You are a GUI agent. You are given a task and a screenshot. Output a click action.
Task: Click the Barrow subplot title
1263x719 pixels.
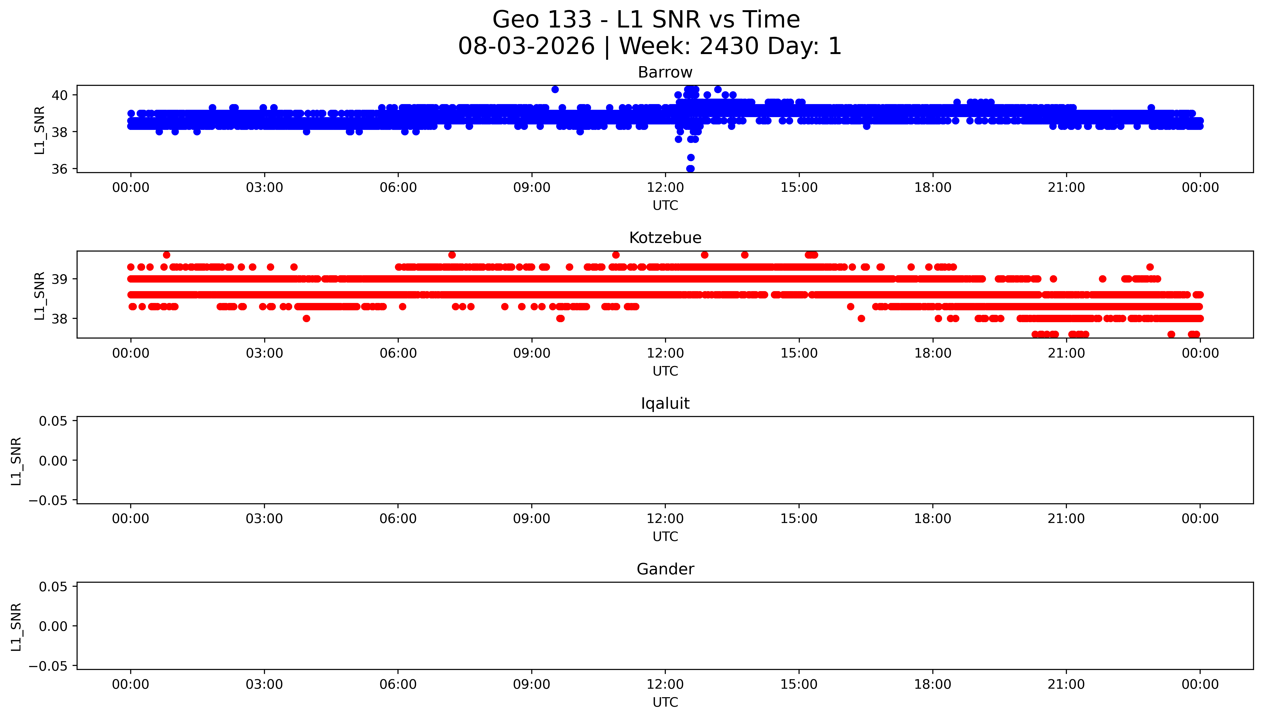point(665,73)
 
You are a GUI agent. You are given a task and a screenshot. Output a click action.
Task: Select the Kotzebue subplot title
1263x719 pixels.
point(665,238)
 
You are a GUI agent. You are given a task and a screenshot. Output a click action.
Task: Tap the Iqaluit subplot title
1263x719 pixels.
point(665,403)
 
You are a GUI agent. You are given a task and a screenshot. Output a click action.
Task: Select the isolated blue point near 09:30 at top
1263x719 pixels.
point(555,89)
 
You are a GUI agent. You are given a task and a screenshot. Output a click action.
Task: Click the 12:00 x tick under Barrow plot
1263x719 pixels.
point(665,188)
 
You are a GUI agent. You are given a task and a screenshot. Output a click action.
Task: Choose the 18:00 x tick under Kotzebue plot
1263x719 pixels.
point(933,353)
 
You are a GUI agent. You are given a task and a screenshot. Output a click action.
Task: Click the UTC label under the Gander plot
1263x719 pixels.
point(665,702)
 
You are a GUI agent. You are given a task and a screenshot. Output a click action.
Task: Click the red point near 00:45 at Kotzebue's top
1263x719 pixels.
point(167,255)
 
